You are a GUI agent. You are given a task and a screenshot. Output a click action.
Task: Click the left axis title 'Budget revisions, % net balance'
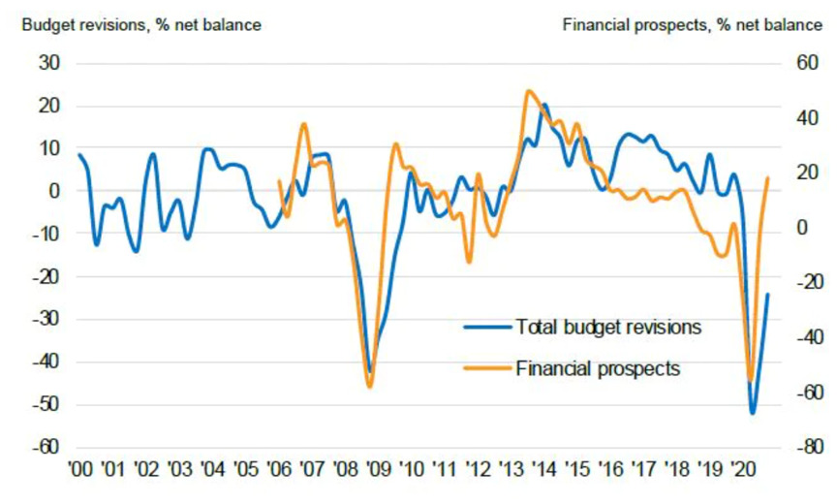[141, 25]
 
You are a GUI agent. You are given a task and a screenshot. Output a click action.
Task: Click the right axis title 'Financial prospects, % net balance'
[693, 25]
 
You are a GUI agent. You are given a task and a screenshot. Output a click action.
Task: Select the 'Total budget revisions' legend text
[608, 327]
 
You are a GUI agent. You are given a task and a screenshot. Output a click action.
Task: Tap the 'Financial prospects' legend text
[598, 368]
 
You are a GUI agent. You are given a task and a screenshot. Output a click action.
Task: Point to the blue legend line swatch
[487, 327]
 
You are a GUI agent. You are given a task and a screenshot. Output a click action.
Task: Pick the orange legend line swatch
[487, 368]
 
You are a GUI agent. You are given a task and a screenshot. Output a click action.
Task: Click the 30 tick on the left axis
[49, 63]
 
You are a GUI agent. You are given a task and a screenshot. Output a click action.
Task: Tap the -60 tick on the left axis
[46, 447]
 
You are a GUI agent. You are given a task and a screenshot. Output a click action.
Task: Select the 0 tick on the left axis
[54, 191]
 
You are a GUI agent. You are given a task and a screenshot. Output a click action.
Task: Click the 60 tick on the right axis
[807, 63]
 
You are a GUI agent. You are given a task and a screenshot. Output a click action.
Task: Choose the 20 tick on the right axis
[807, 173]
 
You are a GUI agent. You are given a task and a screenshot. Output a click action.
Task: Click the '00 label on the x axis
[80, 470]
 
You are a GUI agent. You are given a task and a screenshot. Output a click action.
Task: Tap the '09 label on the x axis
[379, 470]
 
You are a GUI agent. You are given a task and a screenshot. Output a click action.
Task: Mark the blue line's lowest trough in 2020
[753, 413]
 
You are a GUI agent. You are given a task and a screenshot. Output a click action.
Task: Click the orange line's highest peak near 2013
[529, 91]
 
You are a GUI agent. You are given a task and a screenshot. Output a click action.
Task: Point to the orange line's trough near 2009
[370, 386]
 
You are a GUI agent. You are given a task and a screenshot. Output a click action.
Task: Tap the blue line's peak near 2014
[543, 106]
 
